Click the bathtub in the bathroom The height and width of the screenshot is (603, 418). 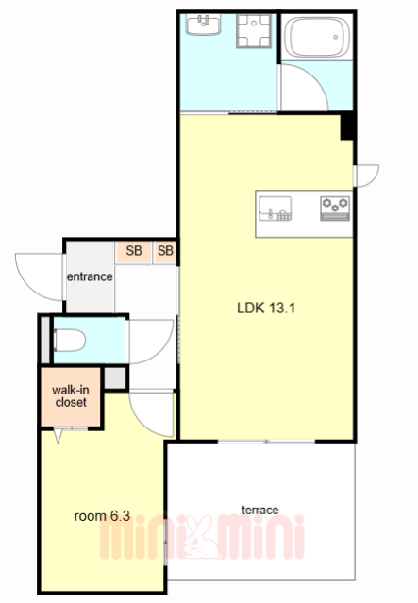point(317,38)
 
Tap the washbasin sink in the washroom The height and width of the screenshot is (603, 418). point(204,25)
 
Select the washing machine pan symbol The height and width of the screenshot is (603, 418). point(254,31)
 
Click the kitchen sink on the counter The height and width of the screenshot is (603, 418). point(275,209)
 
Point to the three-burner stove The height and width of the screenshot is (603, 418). point(335,209)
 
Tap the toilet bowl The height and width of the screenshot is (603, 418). point(70,341)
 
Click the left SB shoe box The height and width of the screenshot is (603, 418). point(134,252)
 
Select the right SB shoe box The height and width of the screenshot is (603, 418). point(165,252)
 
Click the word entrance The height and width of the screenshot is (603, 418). point(90,276)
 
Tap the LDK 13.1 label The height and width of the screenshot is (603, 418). point(266,308)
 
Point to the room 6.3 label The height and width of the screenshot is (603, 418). point(102,516)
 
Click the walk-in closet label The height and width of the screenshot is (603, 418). point(71,396)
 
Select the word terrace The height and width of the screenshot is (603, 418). point(259,510)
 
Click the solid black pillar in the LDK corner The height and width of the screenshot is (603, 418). point(347,126)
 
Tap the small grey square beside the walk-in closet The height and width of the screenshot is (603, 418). point(115,377)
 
